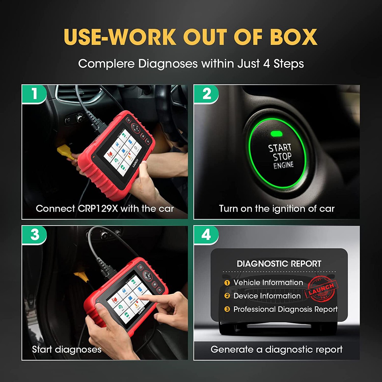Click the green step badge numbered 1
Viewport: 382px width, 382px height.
pos(34,94)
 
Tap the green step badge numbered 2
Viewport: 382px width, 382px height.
pos(206,94)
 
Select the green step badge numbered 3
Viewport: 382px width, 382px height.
pos(34,235)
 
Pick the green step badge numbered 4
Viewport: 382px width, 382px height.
pos(206,235)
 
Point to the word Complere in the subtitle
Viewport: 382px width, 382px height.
pos(106,64)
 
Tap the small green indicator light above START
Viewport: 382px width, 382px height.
pos(277,133)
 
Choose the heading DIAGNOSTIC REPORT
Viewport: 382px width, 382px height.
pos(279,264)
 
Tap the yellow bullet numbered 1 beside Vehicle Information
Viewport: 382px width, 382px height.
pos(227,283)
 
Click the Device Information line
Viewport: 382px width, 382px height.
pos(267,296)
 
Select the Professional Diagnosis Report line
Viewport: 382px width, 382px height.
pos(285,309)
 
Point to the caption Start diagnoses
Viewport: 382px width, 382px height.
pos(67,350)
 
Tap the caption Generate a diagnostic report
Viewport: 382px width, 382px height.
pos(276,350)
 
